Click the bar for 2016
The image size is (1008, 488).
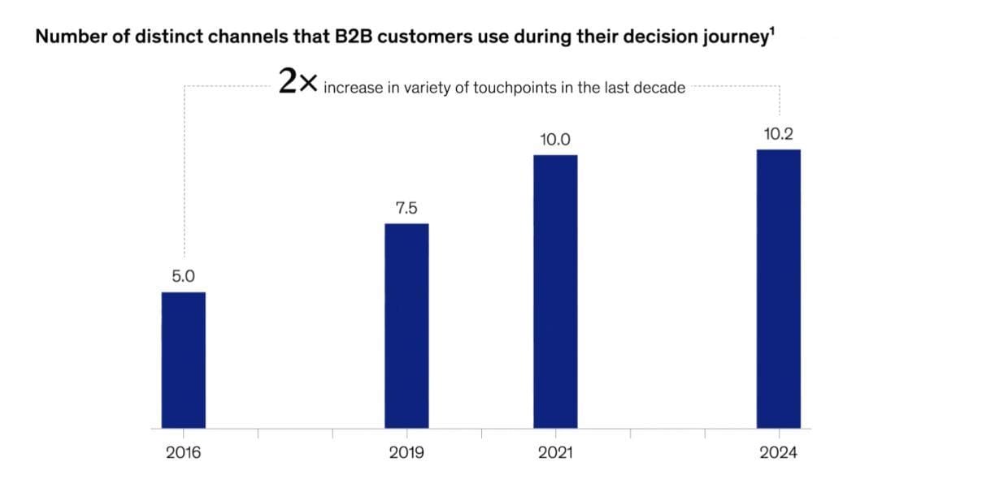click(183, 360)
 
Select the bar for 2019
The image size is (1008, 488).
click(406, 326)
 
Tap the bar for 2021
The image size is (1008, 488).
click(555, 291)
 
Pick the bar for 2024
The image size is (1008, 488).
click(778, 288)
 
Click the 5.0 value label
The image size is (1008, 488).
click(183, 276)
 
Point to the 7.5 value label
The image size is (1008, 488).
click(406, 209)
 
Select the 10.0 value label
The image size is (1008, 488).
click(555, 140)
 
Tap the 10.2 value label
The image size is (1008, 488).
click(778, 134)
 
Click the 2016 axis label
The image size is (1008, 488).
click(183, 453)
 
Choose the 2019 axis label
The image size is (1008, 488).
click(406, 453)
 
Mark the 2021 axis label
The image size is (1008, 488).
click(555, 453)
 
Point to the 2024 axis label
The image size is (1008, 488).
click(778, 453)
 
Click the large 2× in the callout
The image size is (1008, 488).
click(298, 82)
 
